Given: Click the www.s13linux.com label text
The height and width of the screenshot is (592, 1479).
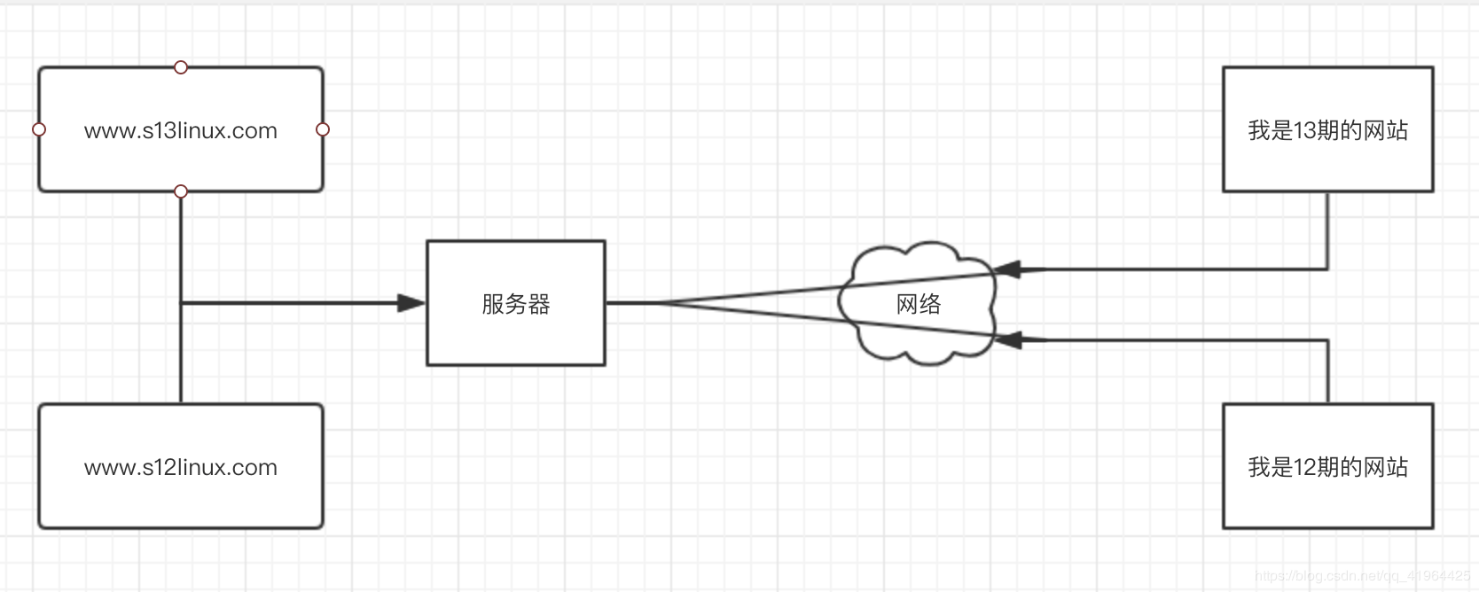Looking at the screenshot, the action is point(180,130).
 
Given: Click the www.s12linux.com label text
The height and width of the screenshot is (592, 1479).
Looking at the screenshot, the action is point(180,467).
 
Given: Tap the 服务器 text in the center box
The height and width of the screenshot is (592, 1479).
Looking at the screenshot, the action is point(516,304).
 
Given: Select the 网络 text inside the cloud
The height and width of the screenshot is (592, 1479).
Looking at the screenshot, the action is point(919,304).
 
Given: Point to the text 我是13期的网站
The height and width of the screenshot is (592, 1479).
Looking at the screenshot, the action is point(1327,130).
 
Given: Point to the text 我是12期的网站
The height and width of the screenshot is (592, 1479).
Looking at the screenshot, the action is point(1327,467).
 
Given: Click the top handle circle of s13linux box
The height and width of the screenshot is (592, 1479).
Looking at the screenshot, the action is point(181,67).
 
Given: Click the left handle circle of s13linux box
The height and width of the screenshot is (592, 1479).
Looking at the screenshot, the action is point(39,129).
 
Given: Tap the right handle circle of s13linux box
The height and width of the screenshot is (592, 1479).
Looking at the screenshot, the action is point(323,129).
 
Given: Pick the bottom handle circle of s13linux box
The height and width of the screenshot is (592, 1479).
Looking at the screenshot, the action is point(181,191).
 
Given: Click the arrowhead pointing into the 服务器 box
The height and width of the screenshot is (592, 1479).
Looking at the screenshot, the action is point(411,303).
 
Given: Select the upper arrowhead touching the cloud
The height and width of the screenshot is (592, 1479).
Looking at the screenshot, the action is point(1007,269).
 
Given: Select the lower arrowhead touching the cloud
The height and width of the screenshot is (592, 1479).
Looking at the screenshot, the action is point(1007,340).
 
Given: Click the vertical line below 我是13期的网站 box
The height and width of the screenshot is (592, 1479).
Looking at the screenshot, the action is point(1327,231).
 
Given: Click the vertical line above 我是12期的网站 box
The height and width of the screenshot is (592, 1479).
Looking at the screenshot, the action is point(1327,371).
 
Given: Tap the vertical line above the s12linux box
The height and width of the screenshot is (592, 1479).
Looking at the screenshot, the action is point(181,353).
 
